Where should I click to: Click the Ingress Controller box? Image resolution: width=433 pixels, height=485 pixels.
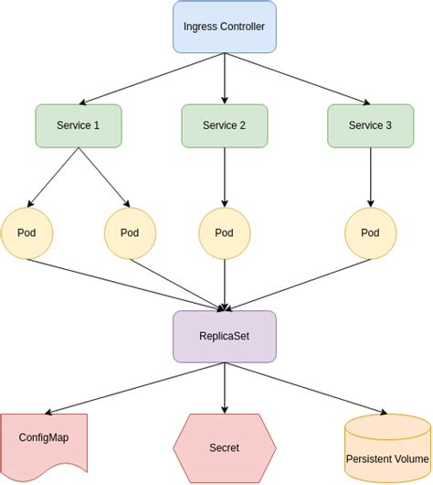click(x=224, y=27)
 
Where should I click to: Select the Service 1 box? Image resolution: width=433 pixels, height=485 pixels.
click(x=78, y=125)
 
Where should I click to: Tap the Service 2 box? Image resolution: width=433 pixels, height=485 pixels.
click(x=224, y=125)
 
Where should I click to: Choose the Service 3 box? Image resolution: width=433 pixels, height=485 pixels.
click(x=370, y=125)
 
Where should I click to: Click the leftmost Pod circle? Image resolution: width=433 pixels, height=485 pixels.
click(x=26, y=232)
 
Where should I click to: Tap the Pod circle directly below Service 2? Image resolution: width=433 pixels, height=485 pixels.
click(x=224, y=232)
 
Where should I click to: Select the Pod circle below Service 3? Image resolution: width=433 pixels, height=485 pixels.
click(x=370, y=232)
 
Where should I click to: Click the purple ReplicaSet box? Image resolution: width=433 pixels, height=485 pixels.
click(x=224, y=336)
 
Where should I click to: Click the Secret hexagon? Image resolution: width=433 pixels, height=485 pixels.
click(x=224, y=447)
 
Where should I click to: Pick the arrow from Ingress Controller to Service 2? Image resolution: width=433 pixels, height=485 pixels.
click(x=224, y=78)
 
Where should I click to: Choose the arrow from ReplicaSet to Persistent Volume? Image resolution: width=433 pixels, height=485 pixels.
click(x=311, y=387)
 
